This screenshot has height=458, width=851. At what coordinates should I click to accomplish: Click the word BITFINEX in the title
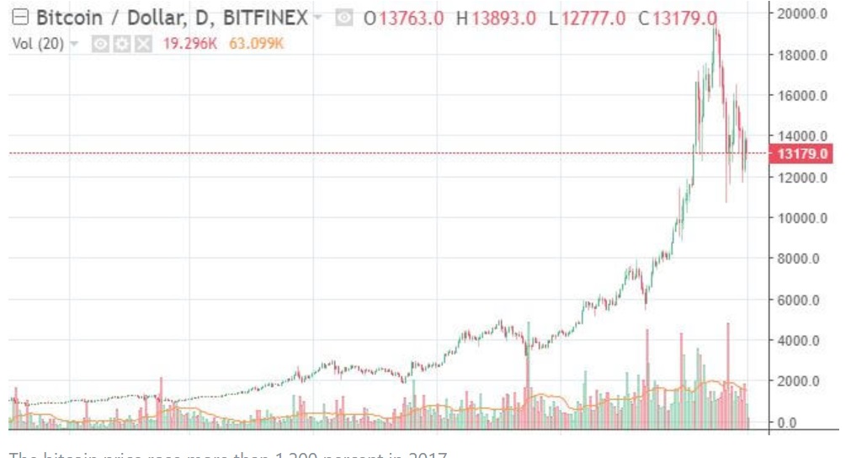point(267,18)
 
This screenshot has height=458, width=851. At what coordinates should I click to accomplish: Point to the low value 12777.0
point(593,19)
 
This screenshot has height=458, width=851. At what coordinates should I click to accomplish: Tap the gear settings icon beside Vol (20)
point(116,43)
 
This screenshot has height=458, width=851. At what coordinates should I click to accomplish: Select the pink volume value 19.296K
point(188,43)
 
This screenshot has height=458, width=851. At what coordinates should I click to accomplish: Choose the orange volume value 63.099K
point(256,43)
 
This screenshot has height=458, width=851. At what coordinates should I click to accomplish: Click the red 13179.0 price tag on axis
point(804,153)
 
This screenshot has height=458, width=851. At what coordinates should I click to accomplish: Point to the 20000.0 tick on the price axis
point(801,14)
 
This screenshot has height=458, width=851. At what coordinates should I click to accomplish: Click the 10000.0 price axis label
point(801,218)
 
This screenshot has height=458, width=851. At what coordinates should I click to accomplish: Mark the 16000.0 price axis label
point(801,95)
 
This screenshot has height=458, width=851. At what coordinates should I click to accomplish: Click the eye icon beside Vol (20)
point(99,43)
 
